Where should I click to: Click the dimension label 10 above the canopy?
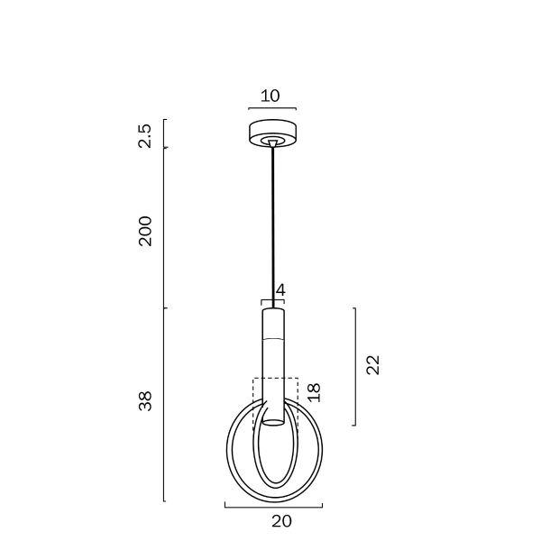pyautogui.click(x=270, y=96)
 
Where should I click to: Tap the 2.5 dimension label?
pyautogui.click(x=144, y=135)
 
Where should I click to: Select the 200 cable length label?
pyautogui.click(x=145, y=231)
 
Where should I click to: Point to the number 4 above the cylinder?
pyautogui.click(x=280, y=289)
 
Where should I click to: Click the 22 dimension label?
pyautogui.click(x=372, y=364)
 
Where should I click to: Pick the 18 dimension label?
pyautogui.click(x=314, y=392)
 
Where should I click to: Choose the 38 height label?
pyautogui.click(x=145, y=401)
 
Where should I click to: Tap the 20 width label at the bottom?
pyautogui.click(x=281, y=521)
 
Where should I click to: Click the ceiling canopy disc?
pyautogui.click(x=273, y=133)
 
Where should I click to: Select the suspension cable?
pyautogui.click(x=273, y=227)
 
